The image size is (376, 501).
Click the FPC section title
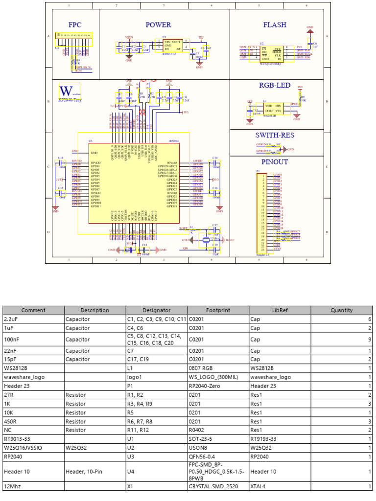[x=75, y=25]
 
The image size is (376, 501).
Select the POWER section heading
[x=158, y=25]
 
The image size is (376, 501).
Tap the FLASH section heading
[x=275, y=25]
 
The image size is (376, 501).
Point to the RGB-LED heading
[x=275, y=86]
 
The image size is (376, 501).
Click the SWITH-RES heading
[x=275, y=135]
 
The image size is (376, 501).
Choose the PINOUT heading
[x=275, y=162]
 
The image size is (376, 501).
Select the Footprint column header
[x=218, y=310]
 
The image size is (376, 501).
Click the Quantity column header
[x=341, y=310]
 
